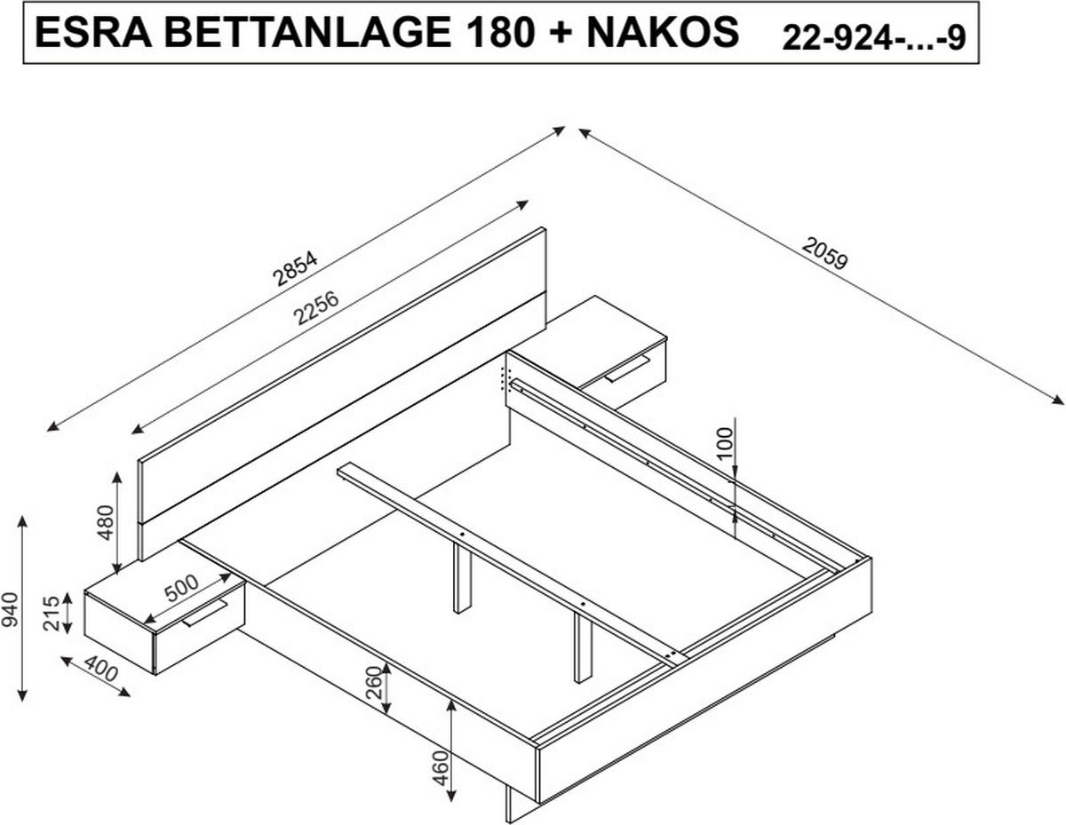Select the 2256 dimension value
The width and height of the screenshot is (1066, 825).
[317, 309]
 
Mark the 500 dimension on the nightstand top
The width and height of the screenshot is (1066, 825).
[181, 589]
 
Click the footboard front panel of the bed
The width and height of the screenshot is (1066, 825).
[702, 675]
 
